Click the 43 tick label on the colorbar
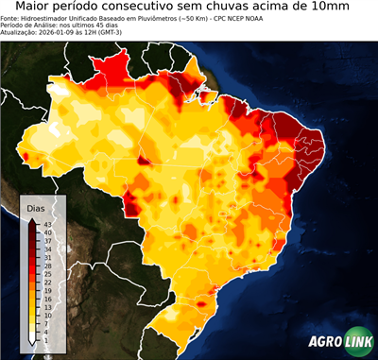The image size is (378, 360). pyautogui.click(x=46, y=224)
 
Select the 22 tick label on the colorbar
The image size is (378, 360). pyautogui.click(x=46, y=282)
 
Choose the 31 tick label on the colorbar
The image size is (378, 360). pyautogui.click(x=46, y=257)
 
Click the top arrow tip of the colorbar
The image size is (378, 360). pyautogui.click(x=31, y=219)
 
